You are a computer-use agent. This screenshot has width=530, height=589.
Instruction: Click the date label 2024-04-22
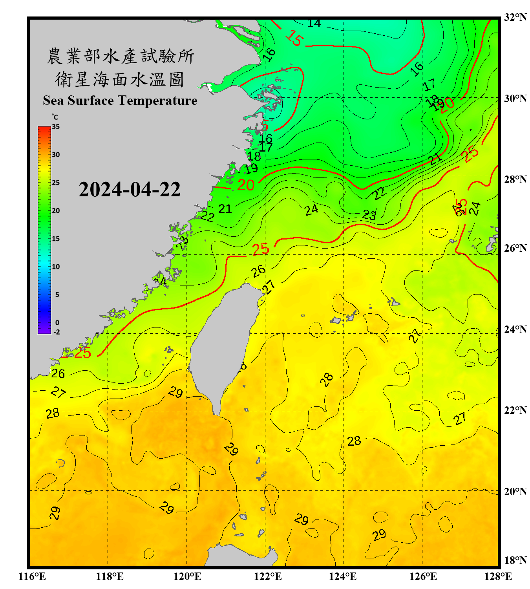(130, 190)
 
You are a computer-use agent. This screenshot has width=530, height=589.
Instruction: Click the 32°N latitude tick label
(515, 17)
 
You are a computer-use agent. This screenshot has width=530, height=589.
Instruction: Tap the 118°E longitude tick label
(110, 576)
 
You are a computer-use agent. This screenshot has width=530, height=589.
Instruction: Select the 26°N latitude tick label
(515, 248)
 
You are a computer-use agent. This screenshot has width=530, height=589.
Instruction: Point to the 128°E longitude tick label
(498, 576)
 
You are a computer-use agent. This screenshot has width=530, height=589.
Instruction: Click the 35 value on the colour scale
(56, 127)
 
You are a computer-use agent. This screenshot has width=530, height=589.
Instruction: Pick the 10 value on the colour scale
(56, 267)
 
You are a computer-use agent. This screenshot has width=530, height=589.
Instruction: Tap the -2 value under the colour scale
(57, 332)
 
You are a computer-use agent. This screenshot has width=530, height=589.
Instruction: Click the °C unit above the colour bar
(55, 117)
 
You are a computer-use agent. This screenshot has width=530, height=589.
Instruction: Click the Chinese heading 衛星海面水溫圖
(120, 79)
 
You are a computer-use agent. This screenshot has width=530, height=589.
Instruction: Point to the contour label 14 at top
(314, 23)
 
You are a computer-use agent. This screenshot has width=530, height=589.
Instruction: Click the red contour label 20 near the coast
(246, 185)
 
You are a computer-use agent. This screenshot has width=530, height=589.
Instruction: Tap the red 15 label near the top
(294, 38)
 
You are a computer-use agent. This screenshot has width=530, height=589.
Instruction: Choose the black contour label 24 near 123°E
(311, 210)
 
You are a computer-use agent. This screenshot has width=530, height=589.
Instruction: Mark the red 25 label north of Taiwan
(260, 249)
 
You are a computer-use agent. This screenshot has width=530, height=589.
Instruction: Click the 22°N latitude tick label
(515, 411)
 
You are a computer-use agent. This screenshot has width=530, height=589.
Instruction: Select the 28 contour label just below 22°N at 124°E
(354, 441)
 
